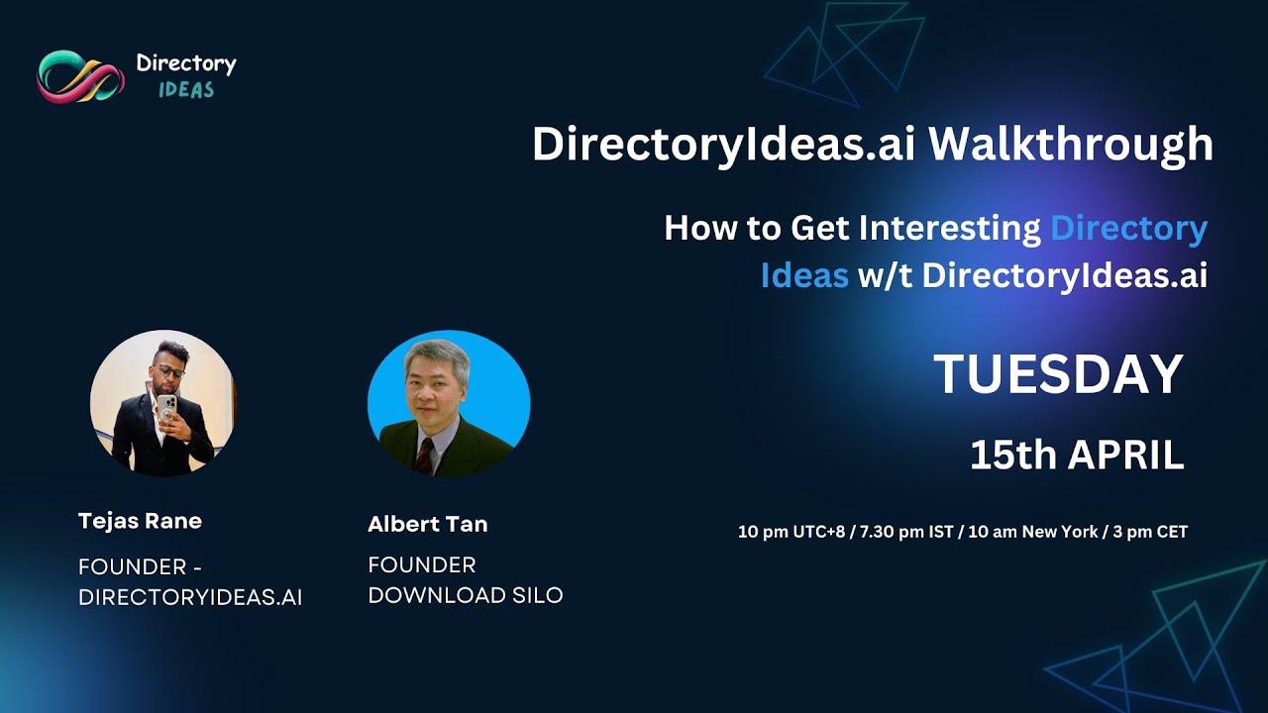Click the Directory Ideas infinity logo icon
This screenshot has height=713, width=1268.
(x=80, y=76)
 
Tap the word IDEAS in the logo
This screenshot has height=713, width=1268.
(x=186, y=90)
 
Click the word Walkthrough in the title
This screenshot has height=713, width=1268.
(x=1070, y=145)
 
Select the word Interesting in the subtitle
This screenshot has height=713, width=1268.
(x=949, y=229)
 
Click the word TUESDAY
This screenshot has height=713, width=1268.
(x=1058, y=374)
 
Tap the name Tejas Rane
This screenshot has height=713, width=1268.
(x=140, y=521)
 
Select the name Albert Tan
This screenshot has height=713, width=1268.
(x=427, y=524)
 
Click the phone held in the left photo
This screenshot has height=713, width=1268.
(x=166, y=406)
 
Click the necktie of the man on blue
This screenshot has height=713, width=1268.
(x=425, y=455)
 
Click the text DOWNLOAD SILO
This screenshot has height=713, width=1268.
(x=465, y=595)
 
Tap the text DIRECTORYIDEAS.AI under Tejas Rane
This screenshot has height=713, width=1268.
(x=190, y=597)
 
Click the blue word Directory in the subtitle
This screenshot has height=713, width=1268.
(x=1128, y=229)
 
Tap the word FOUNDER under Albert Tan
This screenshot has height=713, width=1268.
(x=422, y=564)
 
